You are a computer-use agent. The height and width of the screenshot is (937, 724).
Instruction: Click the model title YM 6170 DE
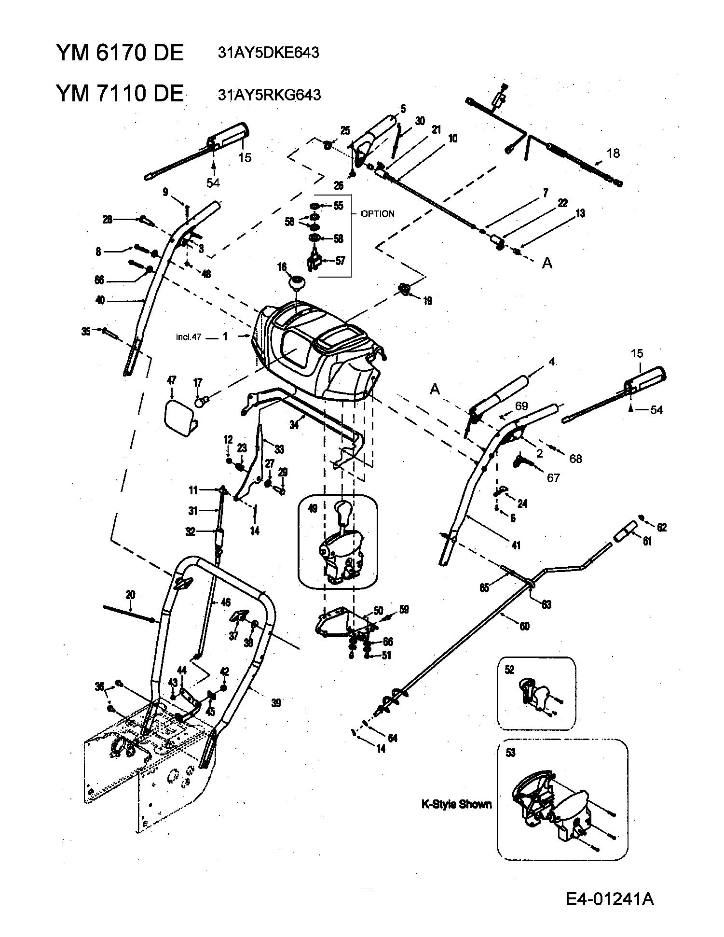pyautogui.click(x=120, y=52)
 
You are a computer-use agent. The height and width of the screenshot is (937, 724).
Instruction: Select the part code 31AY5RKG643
pyautogui.click(x=269, y=94)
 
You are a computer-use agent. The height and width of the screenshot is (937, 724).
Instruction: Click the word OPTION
pyautogui.click(x=377, y=213)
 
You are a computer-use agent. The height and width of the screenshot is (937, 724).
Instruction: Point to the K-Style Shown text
pyautogui.click(x=456, y=804)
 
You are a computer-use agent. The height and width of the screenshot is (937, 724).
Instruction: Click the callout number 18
pyautogui.click(x=613, y=153)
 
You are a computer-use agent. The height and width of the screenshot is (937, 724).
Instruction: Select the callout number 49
pyautogui.click(x=313, y=508)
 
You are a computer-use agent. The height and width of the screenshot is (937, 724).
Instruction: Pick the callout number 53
pyautogui.click(x=510, y=753)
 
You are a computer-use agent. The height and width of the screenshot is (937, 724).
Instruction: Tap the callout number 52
pyautogui.click(x=510, y=670)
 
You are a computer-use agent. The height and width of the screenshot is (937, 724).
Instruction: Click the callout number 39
pyautogui.click(x=275, y=703)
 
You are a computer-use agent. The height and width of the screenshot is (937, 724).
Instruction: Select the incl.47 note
pyautogui.click(x=188, y=337)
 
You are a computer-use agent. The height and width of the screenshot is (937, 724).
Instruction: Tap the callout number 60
pyautogui.click(x=524, y=626)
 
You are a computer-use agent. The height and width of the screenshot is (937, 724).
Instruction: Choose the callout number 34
pyautogui.click(x=294, y=425)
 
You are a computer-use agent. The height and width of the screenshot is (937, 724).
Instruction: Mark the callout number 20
pyautogui.click(x=130, y=595)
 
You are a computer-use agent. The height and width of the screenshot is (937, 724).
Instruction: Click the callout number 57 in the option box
pyautogui.click(x=340, y=261)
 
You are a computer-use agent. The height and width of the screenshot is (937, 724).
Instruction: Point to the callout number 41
pyautogui.click(x=516, y=545)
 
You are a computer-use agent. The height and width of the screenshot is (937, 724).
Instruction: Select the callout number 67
pyautogui.click(x=553, y=477)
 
